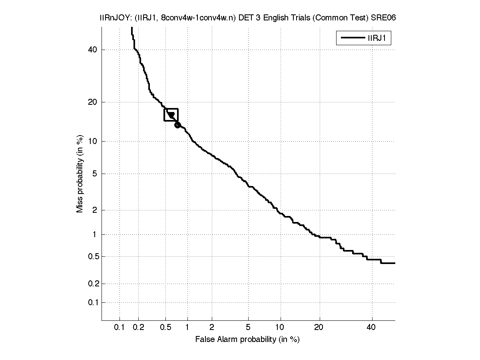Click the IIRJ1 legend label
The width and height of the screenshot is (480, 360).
(377, 38)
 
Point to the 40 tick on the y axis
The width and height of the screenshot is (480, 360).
(93, 50)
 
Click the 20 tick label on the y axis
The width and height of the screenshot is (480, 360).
(93, 102)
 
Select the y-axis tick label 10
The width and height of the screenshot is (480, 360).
(93, 141)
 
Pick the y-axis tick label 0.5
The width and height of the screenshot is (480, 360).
(92, 256)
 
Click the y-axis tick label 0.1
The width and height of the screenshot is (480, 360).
(92, 302)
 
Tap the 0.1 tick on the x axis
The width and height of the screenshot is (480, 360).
(120, 328)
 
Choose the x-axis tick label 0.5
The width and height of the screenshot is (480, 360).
(165, 328)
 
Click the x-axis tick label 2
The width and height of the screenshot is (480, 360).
(212, 328)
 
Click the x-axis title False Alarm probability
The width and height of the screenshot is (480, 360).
(247, 340)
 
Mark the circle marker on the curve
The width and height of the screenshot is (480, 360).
(177, 125)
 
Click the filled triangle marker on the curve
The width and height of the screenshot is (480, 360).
(171, 116)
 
